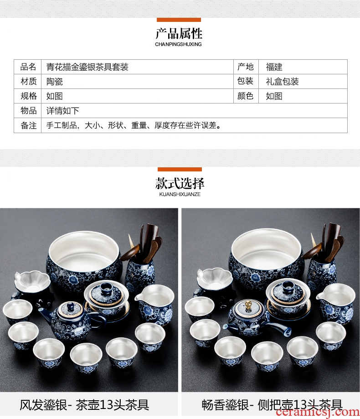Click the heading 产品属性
(x=179, y=33)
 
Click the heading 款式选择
(x=180, y=183)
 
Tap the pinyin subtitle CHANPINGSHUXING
(x=178, y=44)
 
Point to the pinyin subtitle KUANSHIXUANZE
(x=180, y=194)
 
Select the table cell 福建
(x=274, y=67)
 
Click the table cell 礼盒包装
(x=282, y=82)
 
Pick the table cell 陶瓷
(x=55, y=82)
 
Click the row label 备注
(x=29, y=125)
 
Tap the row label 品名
(x=28, y=67)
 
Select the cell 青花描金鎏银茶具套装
(x=87, y=67)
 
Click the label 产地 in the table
(x=246, y=67)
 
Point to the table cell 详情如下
(x=63, y=111)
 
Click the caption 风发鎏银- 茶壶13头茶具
(x=84, y=405)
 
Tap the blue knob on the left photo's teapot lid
(x=70, y=306)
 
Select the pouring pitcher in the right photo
(x=335, y=304)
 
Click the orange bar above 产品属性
(x=179, y=20)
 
